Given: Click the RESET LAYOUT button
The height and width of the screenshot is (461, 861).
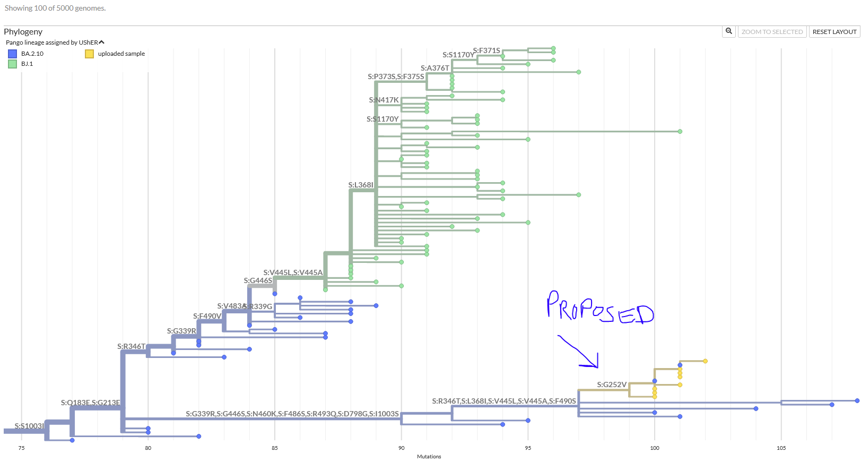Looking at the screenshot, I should [x=834, y=32].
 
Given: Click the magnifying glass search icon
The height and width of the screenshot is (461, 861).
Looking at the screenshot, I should [x=729, y=31].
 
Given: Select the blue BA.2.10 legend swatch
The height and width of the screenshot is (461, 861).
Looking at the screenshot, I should [x=12, y=54].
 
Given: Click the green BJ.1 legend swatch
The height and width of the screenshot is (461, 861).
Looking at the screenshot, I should [x=12, y=64].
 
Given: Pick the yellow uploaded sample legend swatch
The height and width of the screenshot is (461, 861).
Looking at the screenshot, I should [x=90, y=54].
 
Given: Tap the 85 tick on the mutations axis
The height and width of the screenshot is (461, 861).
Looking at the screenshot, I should [x=275, y=448].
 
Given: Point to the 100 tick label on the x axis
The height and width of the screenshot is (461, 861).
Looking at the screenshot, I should [x=655, y=448].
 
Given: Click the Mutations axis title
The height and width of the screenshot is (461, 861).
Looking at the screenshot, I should [x=429, y=456].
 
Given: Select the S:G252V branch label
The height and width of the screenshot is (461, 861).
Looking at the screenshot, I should [x=612, y=385].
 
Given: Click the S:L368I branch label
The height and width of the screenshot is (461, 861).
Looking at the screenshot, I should [x=361, y=185].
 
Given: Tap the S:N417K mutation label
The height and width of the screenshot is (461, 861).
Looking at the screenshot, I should [x=384, y=100].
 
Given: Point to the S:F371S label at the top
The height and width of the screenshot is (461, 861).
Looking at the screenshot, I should [x=486, y=50].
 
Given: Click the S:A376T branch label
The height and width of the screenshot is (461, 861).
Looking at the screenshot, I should [x=435, y=68].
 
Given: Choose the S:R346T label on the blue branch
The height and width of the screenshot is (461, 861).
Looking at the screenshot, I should [x=131, y=346].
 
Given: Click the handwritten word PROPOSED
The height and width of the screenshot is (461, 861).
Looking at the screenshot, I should [x=599, y=308].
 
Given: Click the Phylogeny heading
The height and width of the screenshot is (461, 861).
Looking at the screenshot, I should [x=23, y=32].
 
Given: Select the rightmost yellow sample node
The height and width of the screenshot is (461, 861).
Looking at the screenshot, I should [x=705, y=361].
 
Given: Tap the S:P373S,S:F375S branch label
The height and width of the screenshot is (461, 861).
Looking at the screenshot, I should [x=396, y=76].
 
